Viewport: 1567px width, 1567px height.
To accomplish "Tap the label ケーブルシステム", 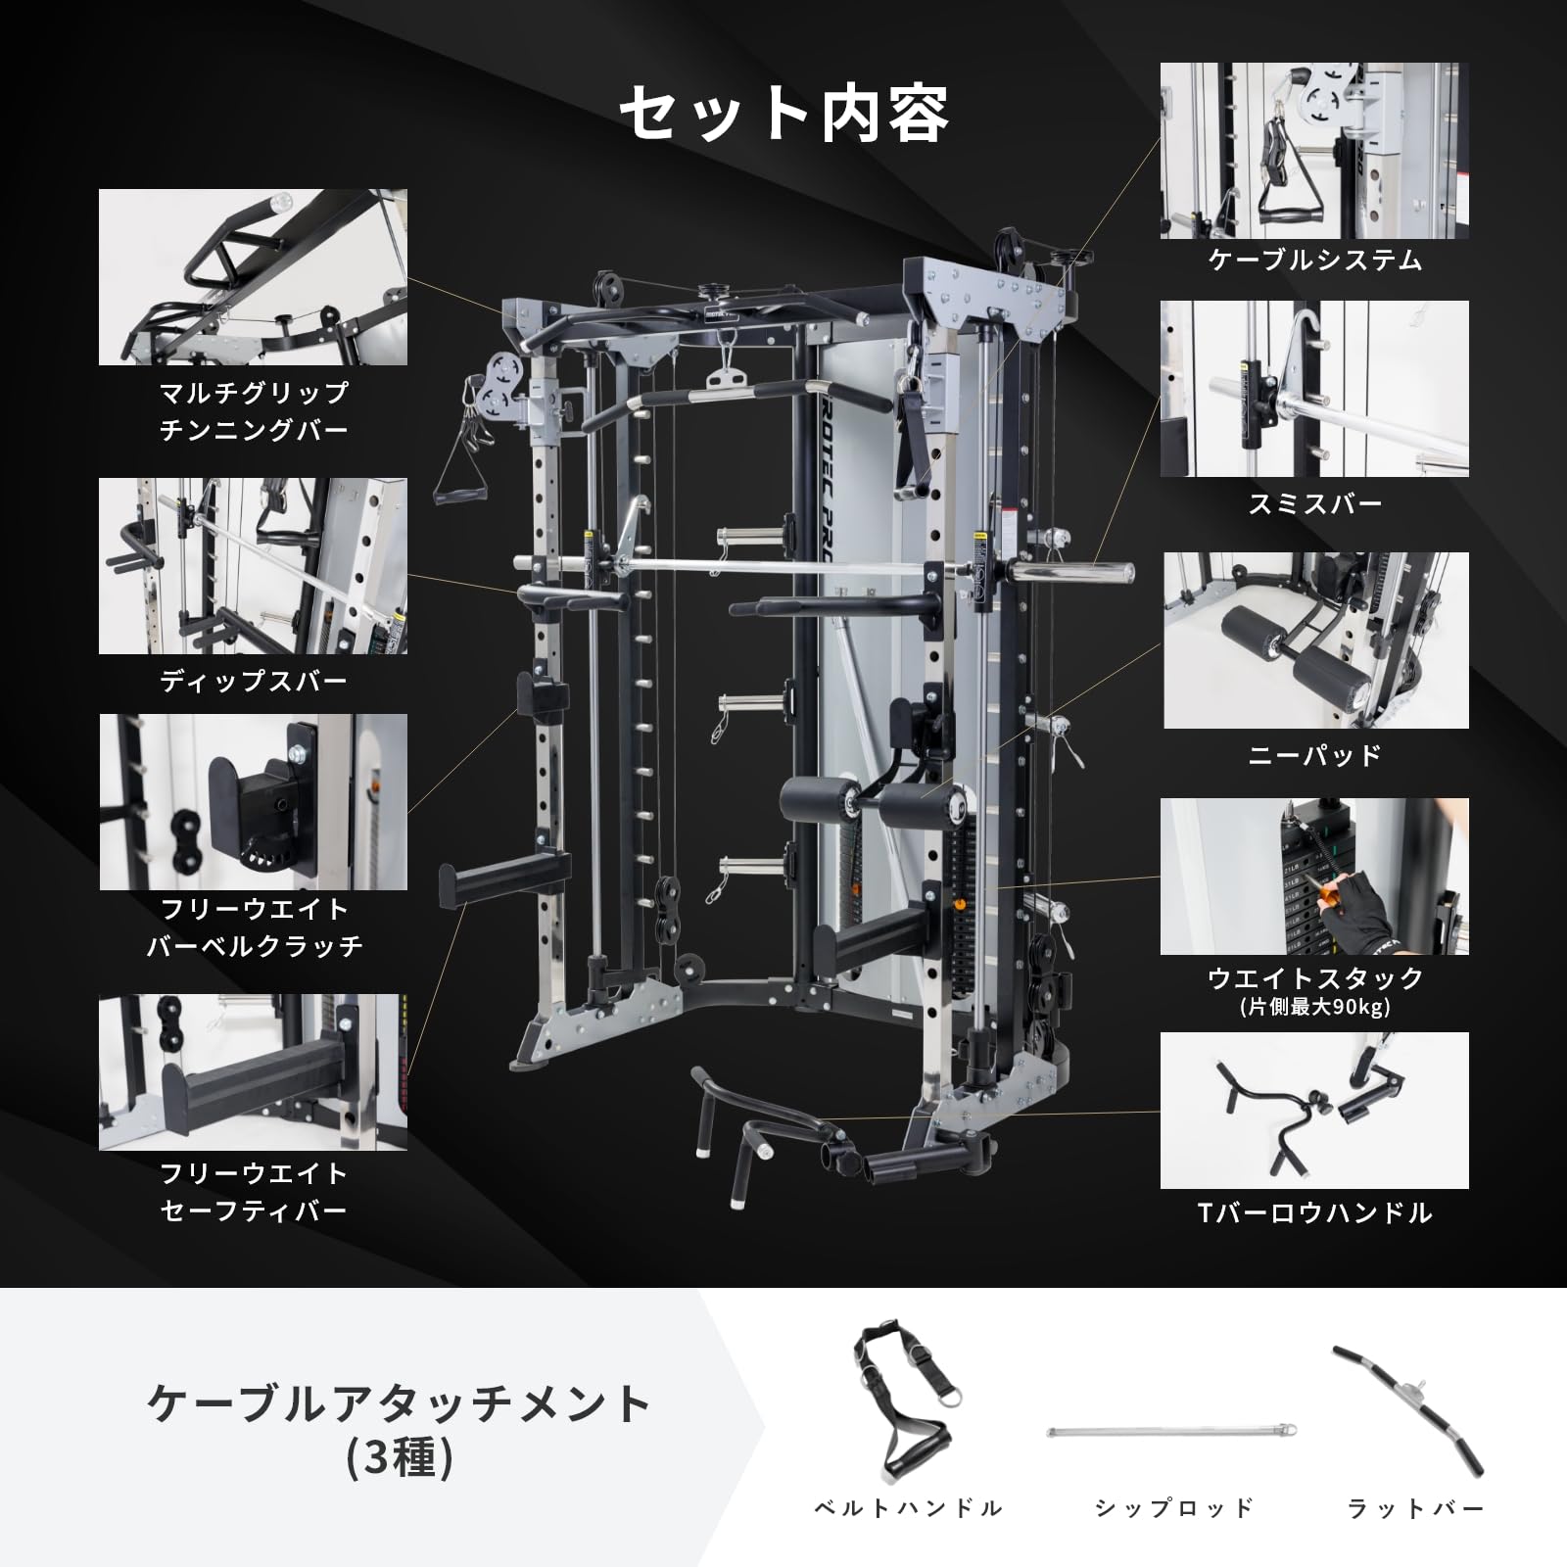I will (x=1314, y=261).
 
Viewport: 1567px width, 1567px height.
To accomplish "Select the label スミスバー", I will (x=1314, y=504).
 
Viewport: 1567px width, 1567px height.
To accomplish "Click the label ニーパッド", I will (x=1314, y=755).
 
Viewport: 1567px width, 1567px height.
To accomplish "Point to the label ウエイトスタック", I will (x=1314, y=977).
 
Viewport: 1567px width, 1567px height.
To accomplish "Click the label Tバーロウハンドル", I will (x=1314, y=1213).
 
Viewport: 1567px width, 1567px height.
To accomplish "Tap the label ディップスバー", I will (x=254, y=682).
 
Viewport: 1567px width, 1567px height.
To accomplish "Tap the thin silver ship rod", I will (x=1172, y=1432).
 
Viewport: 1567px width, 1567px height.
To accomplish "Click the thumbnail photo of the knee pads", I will (x=1315, y=641).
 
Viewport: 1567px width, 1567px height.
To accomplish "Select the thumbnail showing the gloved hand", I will (x=1314, y=876).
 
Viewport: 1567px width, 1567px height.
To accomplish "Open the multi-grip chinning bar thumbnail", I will (x=253, y=277).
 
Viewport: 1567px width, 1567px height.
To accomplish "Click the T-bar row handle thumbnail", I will (x=1314, y=1111).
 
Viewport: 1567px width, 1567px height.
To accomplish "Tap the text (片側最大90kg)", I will (x=1314, y=1007).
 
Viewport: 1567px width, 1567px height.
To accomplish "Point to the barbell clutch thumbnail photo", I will (x=253, y=802).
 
